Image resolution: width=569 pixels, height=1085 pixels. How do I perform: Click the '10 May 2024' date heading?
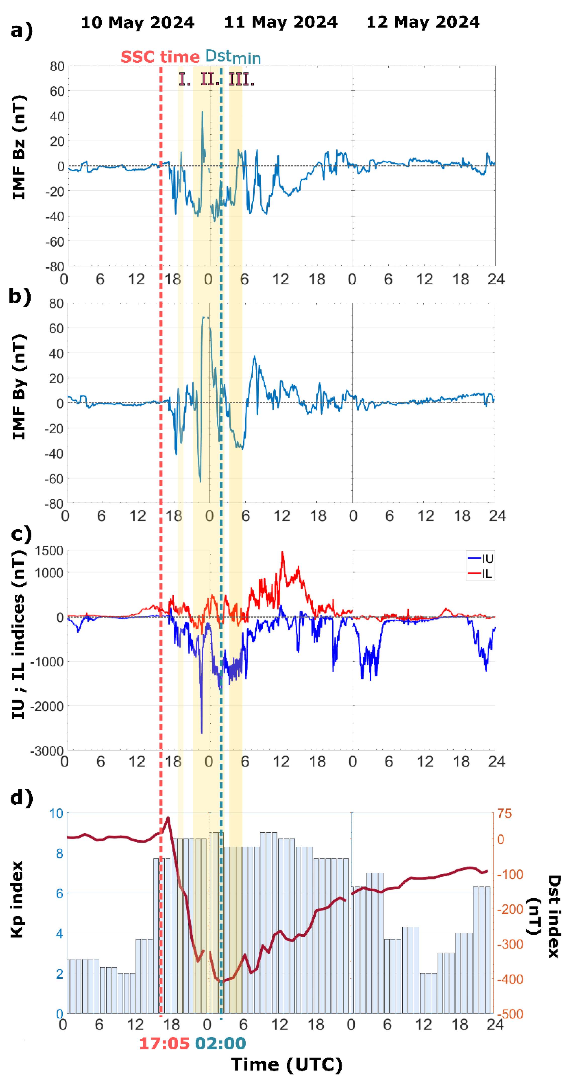(137, 22)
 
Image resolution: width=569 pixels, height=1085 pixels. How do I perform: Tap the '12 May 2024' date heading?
(422, 22)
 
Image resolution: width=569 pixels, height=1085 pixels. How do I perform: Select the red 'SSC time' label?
(160, 57)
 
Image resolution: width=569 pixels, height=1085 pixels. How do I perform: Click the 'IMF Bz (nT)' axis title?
(19, 147)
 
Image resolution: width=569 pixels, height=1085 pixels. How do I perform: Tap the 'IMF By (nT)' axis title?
(19, 387)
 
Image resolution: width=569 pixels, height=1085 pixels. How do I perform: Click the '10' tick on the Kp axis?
(56, 813)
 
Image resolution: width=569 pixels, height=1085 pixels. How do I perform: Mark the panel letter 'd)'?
(21, 797)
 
